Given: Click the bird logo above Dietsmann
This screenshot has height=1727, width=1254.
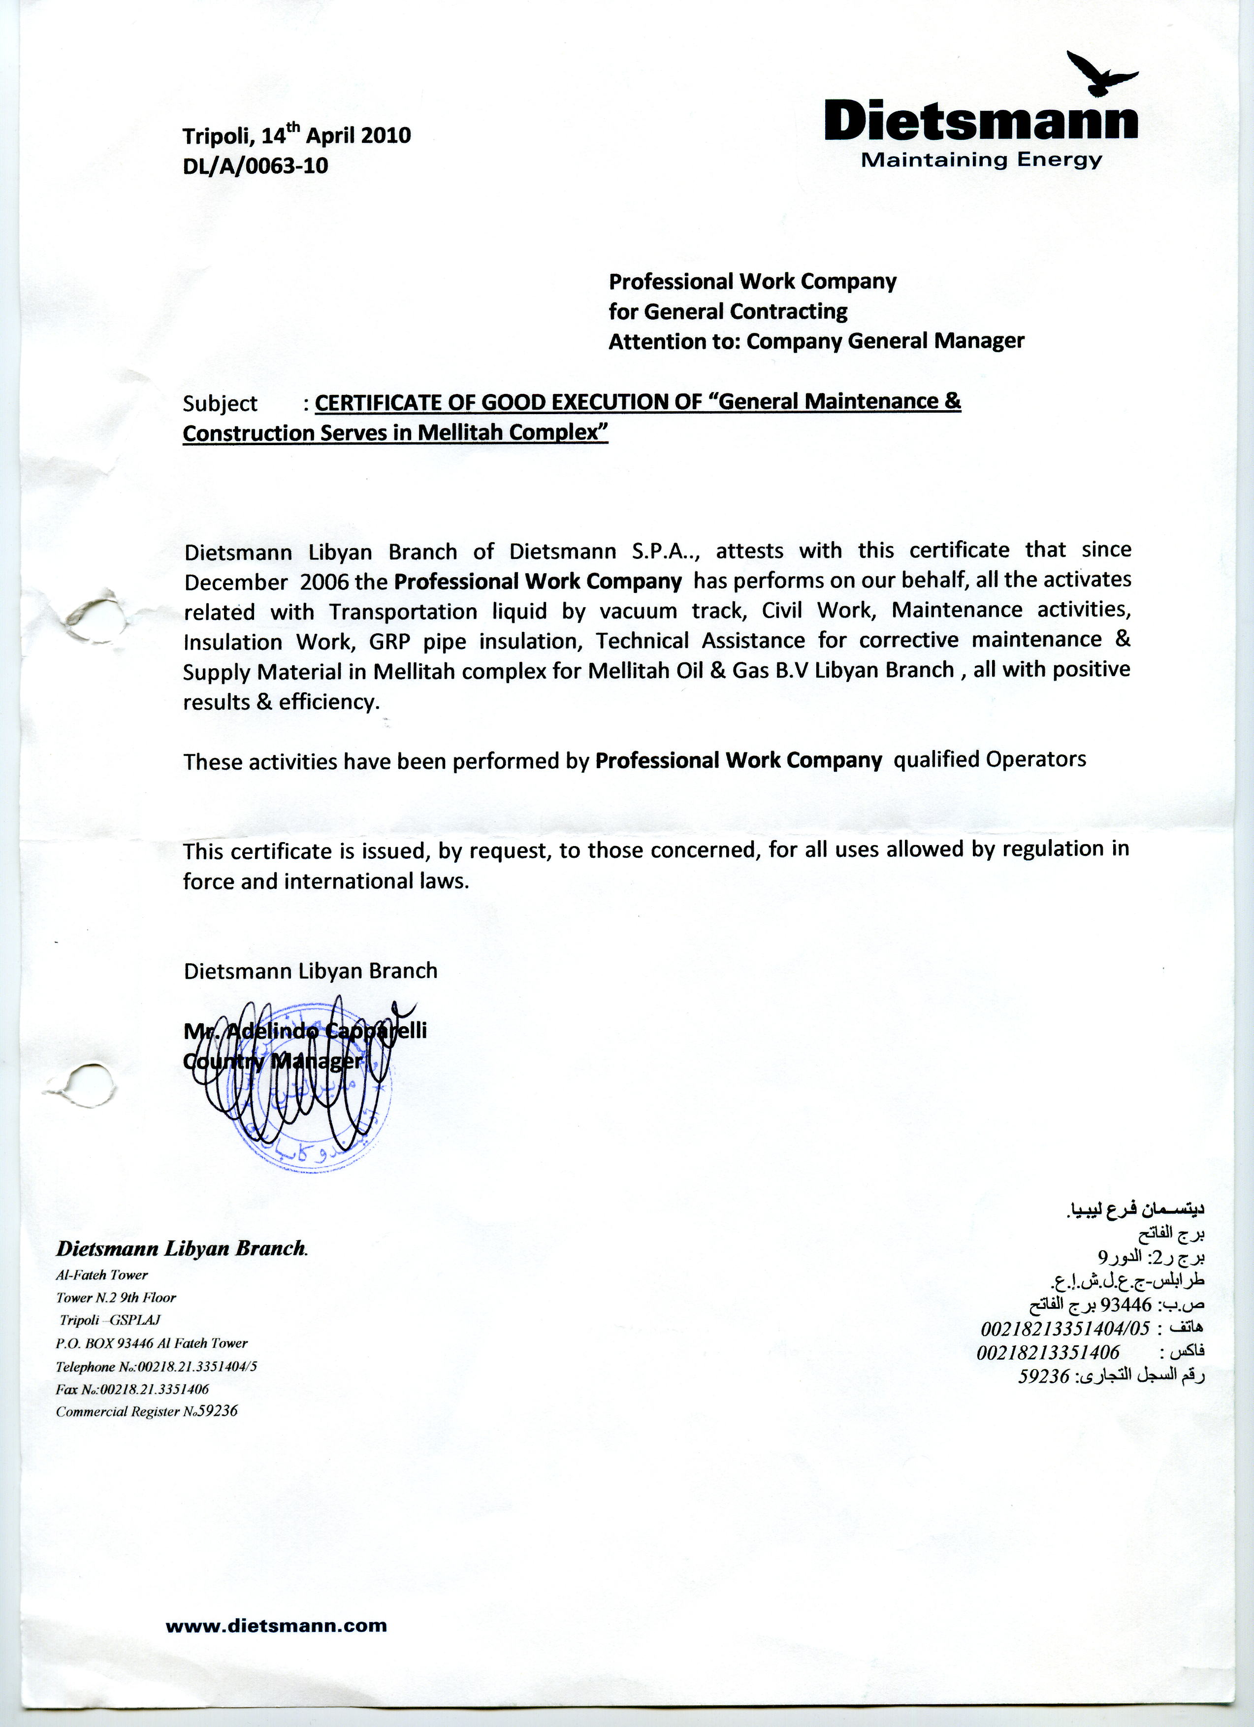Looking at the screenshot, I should point(1099,74).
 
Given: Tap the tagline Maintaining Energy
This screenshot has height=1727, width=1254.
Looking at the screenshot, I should point(981,160).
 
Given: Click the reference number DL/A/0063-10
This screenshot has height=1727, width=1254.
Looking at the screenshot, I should point(255,165).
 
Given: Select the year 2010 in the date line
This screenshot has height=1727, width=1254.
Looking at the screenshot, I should point(386,135).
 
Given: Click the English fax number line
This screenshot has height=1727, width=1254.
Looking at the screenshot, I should point(132,1389).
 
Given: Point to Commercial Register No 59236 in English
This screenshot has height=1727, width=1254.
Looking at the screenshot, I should point(146,1411).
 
